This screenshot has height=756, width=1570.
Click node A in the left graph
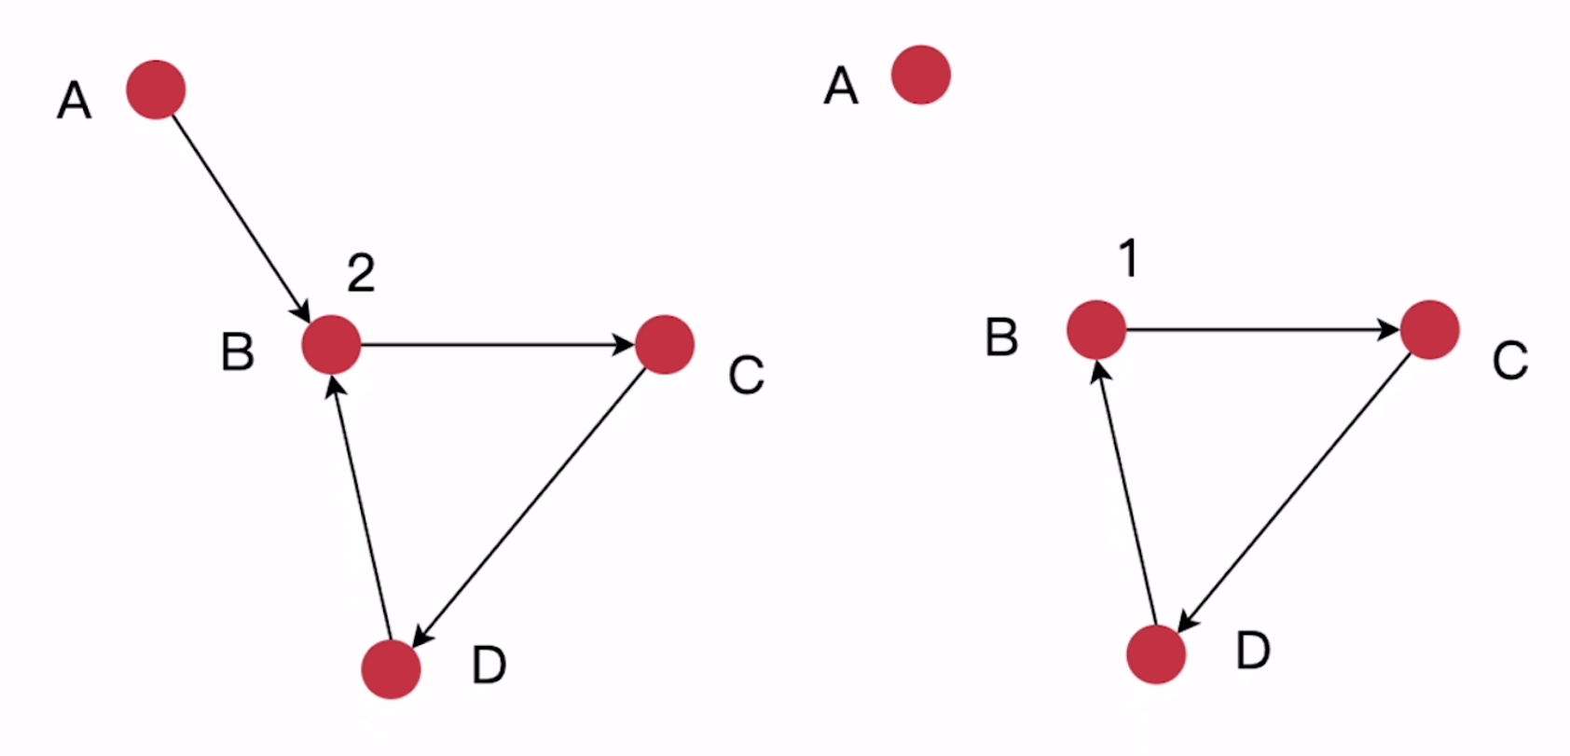[156, 89]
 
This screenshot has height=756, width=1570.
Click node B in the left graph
[331, 345]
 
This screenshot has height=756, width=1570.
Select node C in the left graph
[665, 345]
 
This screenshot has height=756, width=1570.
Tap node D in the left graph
[391, 669]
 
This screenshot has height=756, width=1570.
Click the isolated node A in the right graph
[921, 75]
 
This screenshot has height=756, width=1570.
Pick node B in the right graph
[1096, 330]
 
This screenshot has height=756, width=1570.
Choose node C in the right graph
[1430, 330]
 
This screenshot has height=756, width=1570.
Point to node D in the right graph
[1156, 654]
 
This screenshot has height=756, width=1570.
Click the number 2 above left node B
[362, 273]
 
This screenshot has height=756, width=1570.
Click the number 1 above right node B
[1129, 258]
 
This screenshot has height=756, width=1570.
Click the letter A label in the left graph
[75, 101]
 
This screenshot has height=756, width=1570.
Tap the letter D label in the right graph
[1253, 650]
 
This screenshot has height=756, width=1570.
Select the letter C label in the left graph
[747, 376]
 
